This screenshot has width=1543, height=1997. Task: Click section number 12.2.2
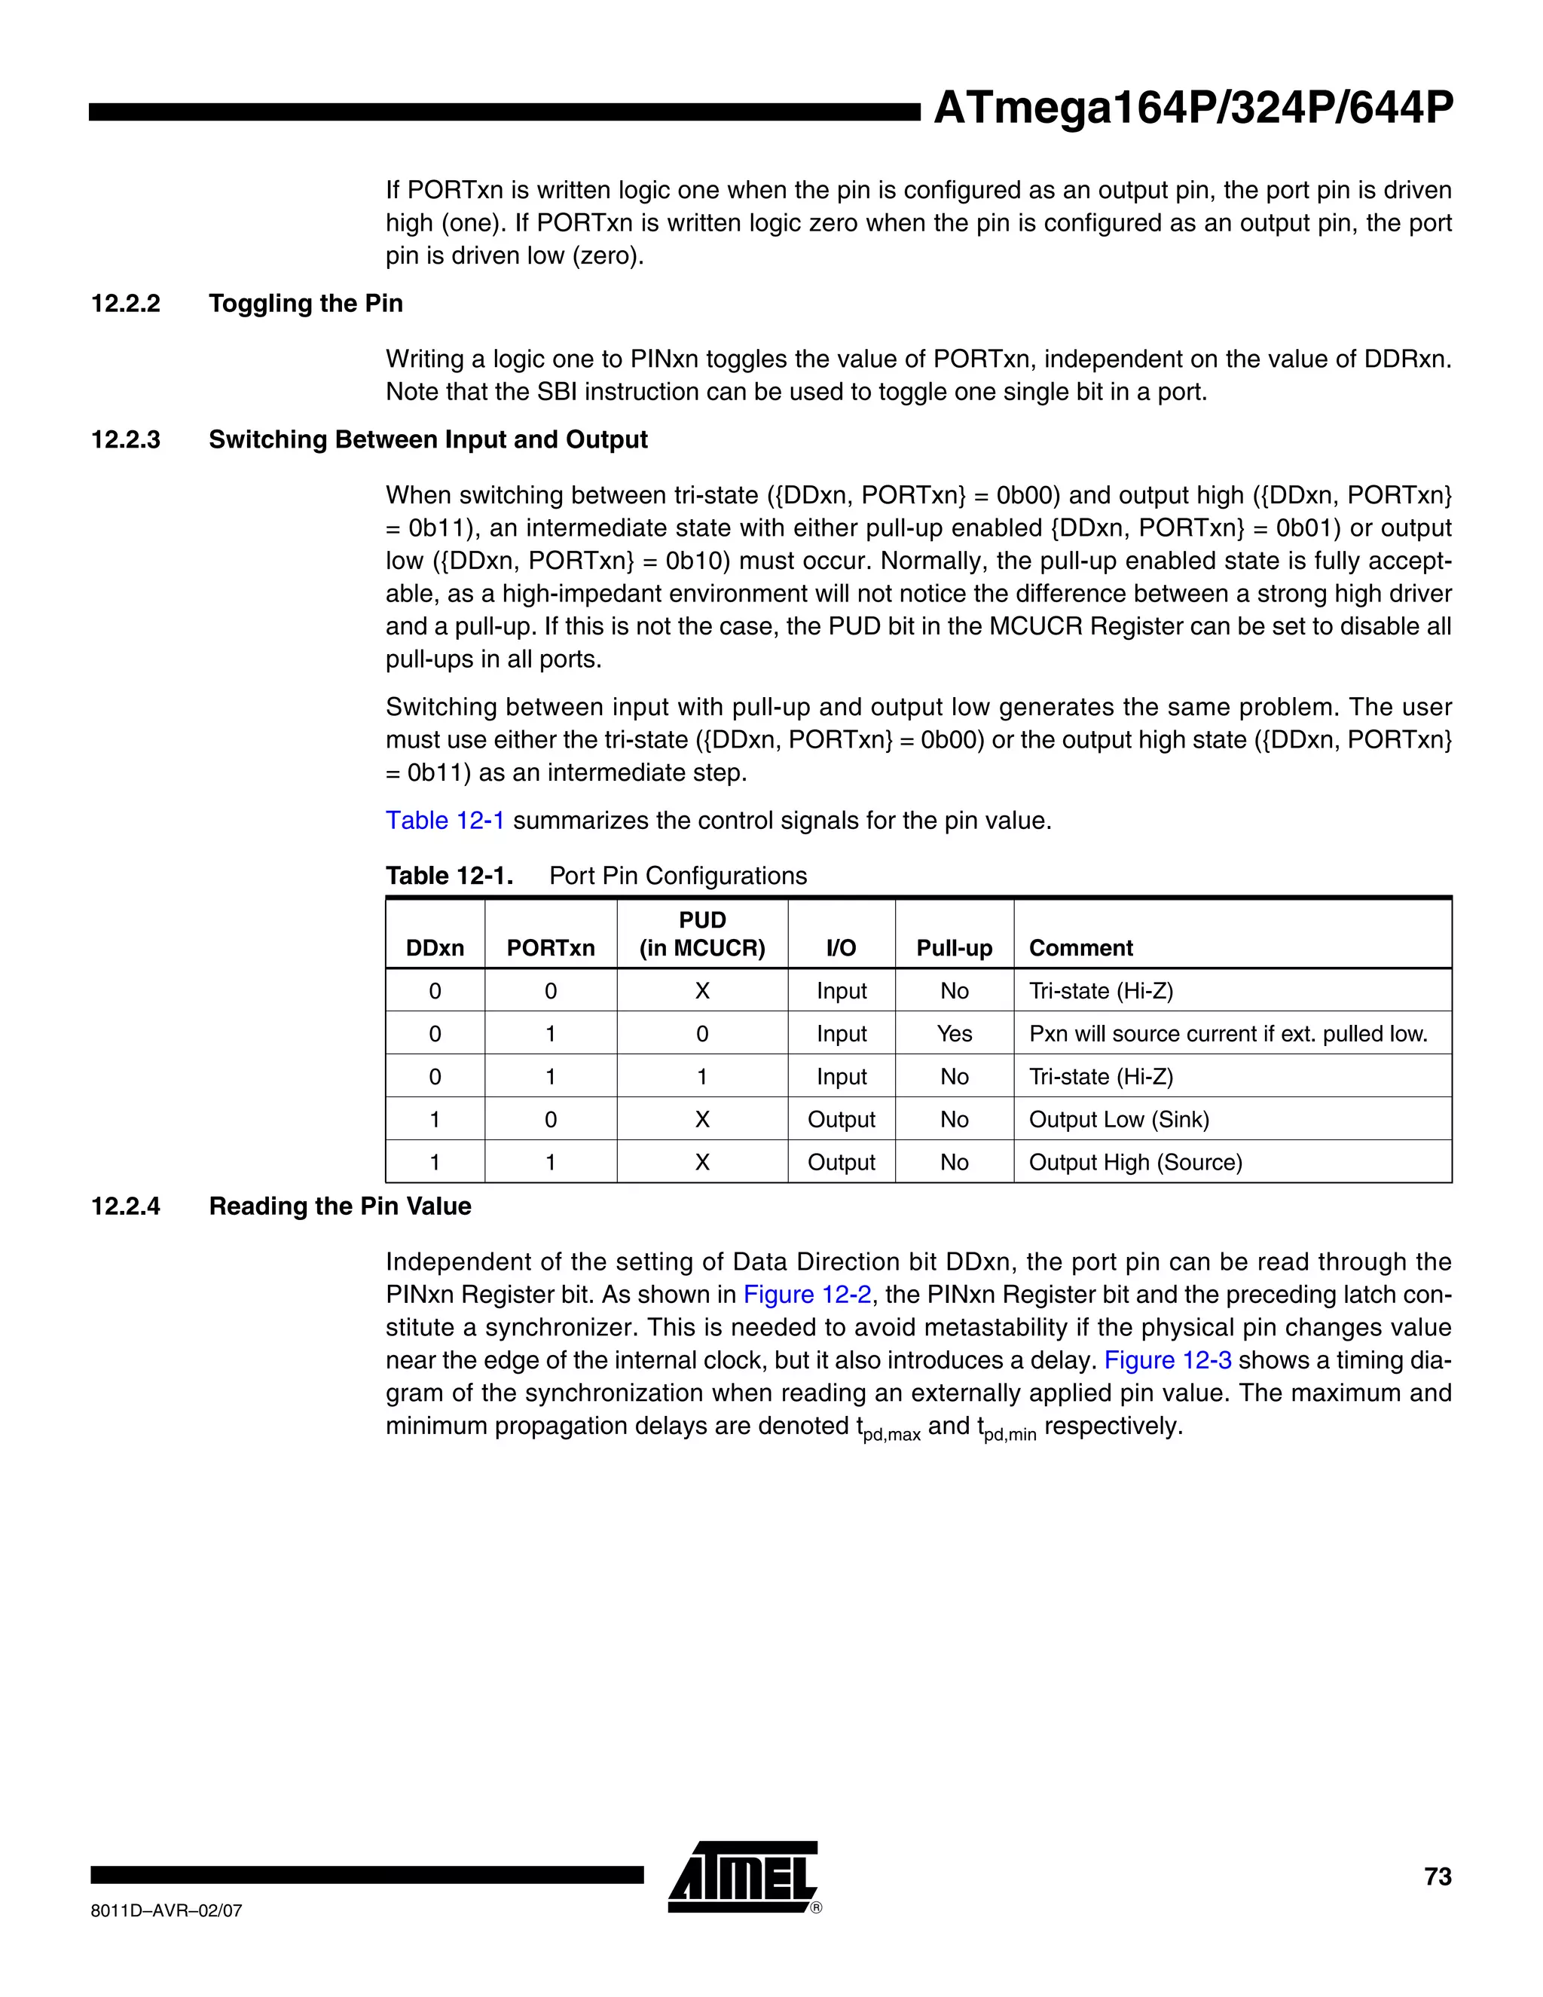[125, 304]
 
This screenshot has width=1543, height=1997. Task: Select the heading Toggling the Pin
[305, 304]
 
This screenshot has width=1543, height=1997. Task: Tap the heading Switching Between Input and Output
[428, 440]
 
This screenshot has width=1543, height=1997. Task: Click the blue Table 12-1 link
[445, 820]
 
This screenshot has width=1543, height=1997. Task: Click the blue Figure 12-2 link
[806, 1295]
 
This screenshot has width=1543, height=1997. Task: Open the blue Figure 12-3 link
[1167, 1360]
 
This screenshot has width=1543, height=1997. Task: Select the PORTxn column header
[550, 948]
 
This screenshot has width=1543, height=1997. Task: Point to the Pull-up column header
[953, 948]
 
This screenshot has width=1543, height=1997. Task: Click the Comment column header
[1080, 948]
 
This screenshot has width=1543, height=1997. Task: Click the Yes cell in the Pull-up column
[953, 1034]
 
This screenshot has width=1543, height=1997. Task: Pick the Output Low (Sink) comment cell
[1119, 1120]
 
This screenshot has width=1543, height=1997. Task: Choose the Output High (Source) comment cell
[1135, 1163]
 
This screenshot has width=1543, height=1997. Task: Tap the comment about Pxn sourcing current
[1227, 1034]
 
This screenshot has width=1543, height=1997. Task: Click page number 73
[1437, 1876]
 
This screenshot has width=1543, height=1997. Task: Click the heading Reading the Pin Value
[340, 1207]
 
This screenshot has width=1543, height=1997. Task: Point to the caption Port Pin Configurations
[677, 876]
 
